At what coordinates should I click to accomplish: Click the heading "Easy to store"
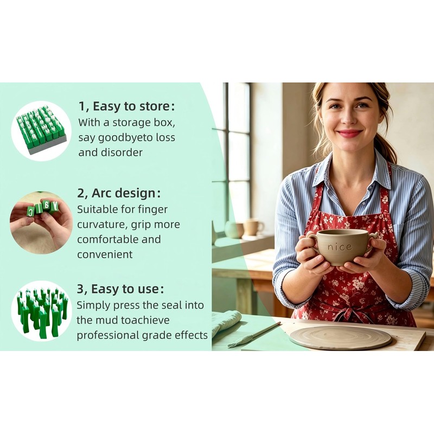pos(131,106)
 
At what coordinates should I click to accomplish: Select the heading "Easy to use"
pos(125,289)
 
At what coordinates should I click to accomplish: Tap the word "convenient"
pos(105,254)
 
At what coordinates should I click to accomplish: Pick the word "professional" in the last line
pos(107,335)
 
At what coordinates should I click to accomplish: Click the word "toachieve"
pos(145,320)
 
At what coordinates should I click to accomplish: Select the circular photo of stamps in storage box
pos(41,131)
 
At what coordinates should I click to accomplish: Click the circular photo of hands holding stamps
pos(41,222)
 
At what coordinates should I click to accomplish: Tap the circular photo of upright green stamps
pos(41,311)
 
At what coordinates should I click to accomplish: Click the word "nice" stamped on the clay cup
pos(340,247)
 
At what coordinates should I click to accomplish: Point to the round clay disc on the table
pos(340,337)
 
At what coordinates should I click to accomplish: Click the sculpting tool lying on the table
pos(254,335)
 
